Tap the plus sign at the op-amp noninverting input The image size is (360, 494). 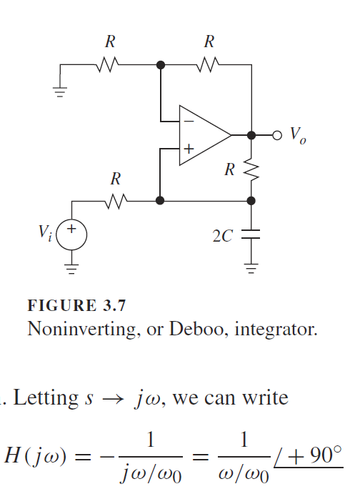188,149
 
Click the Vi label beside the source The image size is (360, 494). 45,234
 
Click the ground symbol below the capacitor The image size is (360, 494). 251,270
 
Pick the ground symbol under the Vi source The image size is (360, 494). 72,270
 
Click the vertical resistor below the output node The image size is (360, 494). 251,169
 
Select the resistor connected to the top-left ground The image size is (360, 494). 109,65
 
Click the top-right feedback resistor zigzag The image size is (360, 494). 208,65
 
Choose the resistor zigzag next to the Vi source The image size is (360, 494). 116,201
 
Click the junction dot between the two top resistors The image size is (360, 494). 161,65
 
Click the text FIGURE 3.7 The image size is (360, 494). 76,307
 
